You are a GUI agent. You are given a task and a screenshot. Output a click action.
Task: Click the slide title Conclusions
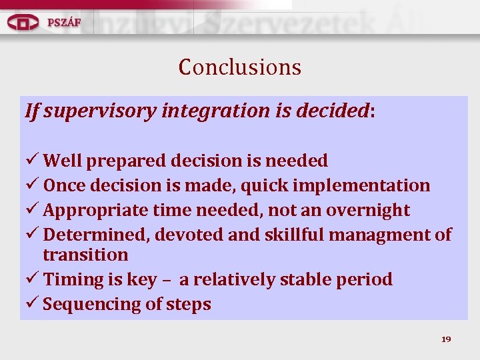pyautogui.click(x=239, y=67)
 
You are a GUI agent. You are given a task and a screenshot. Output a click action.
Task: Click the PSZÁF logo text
pyautogui.click(x=64, y=22)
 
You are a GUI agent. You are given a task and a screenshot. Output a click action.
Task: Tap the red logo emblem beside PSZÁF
pyautogui.click(x=23, y=22)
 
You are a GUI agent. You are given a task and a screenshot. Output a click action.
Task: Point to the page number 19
pyautogui.click(x=446, y=339)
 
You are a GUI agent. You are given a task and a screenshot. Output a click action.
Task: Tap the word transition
pyautogui.click(x=85, y=255)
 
